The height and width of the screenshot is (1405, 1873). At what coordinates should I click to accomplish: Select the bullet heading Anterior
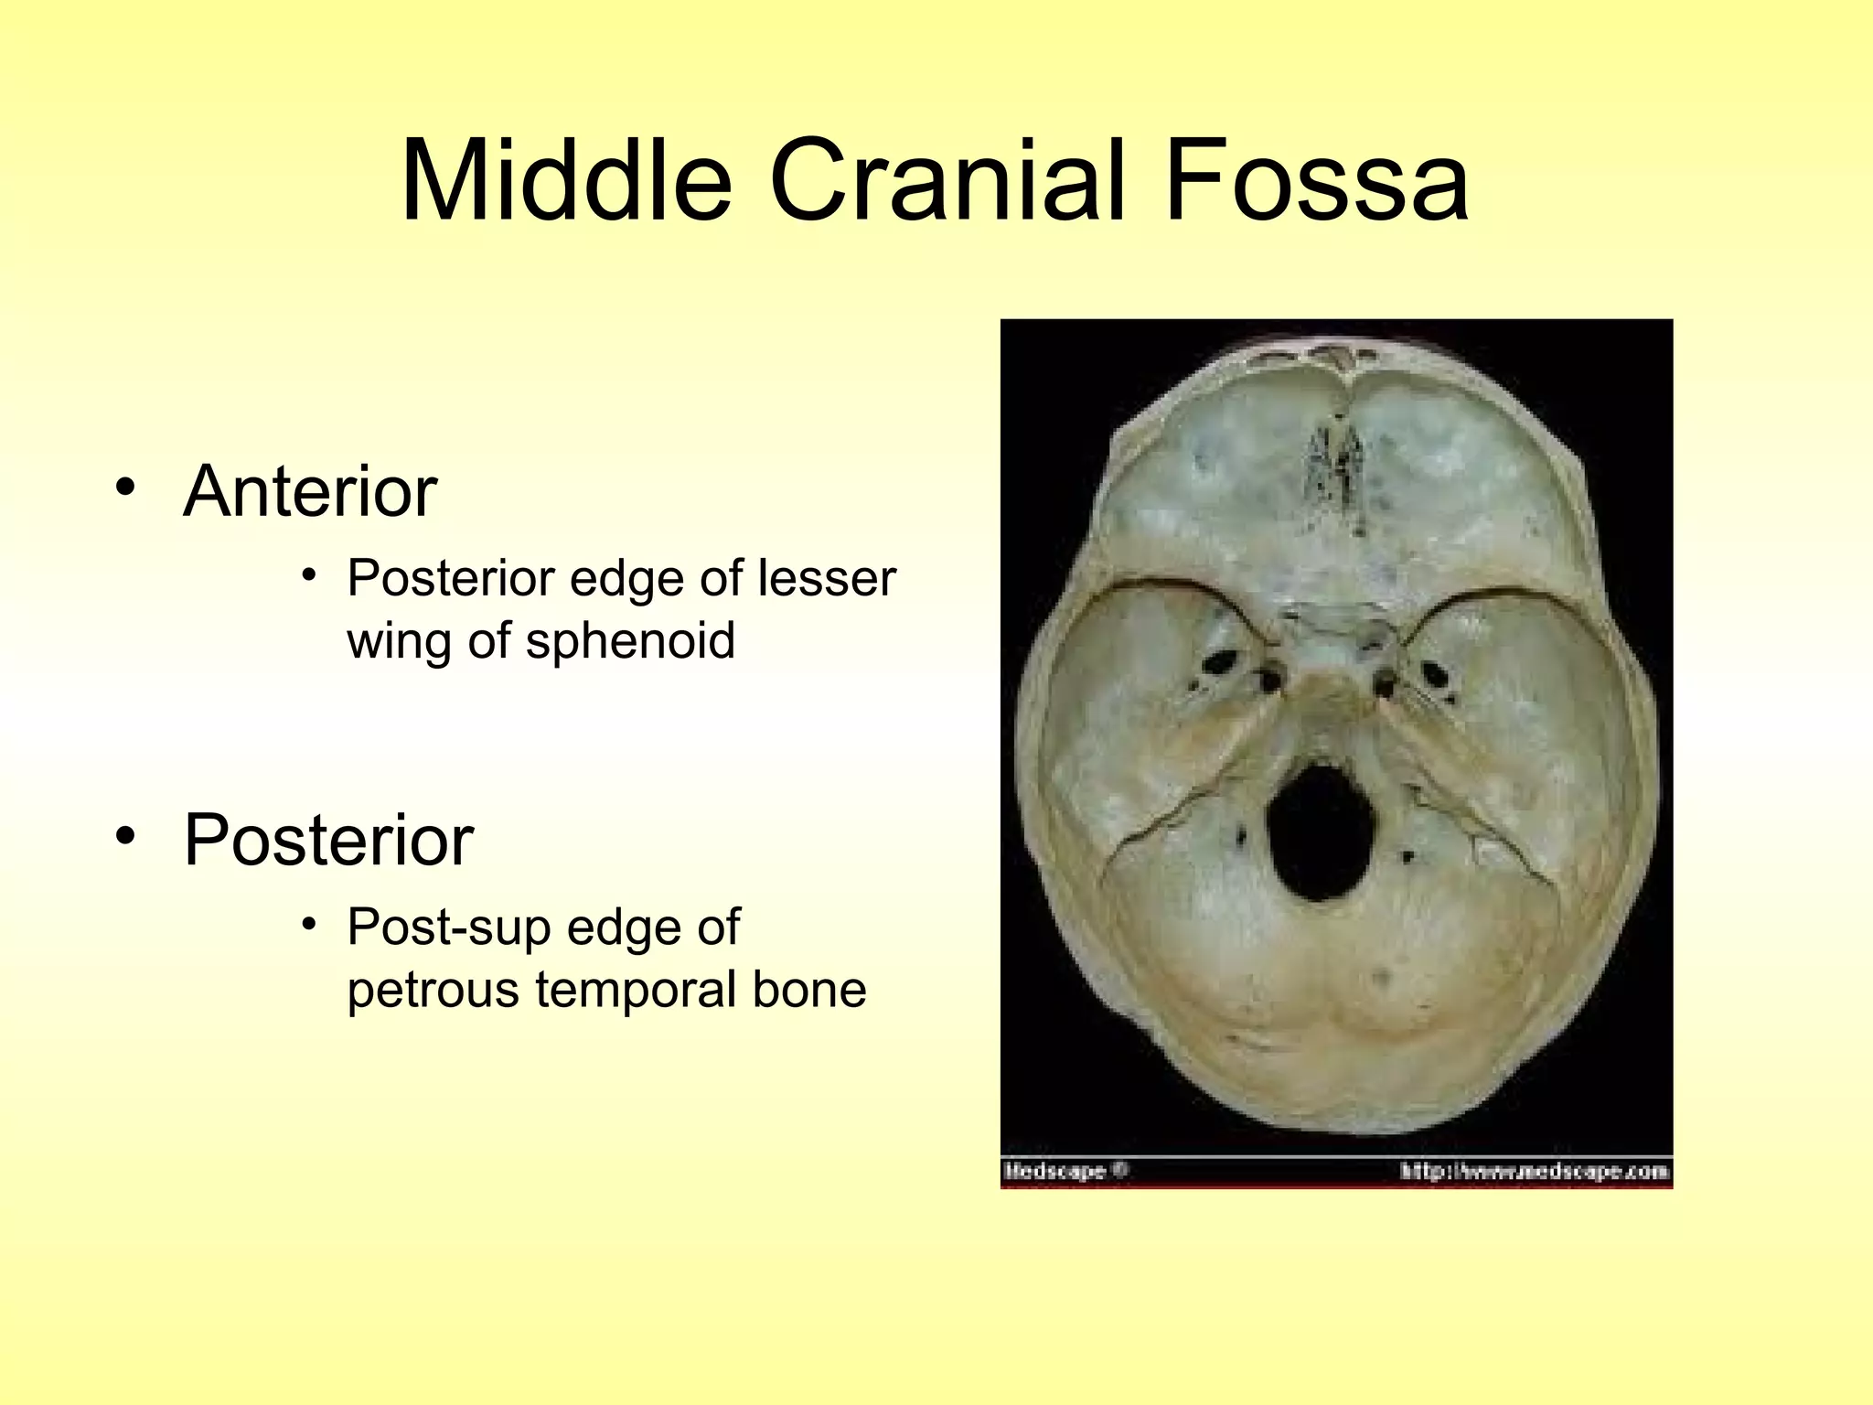pos(310,492)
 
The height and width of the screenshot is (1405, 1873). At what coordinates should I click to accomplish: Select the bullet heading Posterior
pos(328,840)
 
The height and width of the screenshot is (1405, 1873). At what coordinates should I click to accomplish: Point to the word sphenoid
pos(630,640)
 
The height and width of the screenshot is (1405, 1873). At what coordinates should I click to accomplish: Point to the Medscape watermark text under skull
pos(1055,1171)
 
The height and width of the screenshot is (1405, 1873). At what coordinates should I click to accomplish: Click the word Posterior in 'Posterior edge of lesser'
pos(451,578)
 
